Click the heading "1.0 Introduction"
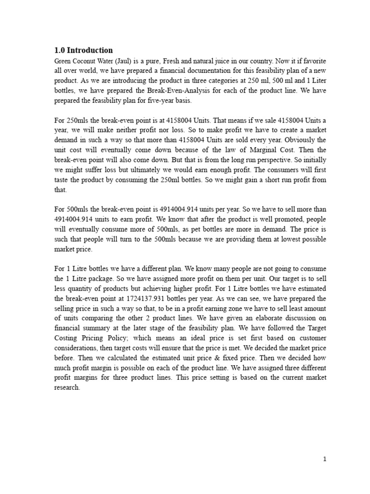click(83, 50)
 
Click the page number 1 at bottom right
click(325, 459)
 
